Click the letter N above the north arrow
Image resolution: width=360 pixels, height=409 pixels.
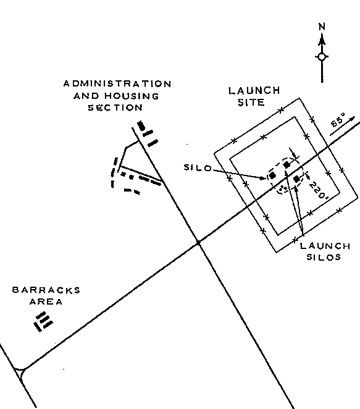(x=322, y=27)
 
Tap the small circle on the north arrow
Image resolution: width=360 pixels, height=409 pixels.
(x=322, y=57)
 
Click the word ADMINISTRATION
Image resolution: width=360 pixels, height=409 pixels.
(x=117, y=84)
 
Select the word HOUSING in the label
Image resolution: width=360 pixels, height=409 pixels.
(x=132, y=96)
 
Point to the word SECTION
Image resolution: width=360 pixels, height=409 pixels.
(x=115, y=108)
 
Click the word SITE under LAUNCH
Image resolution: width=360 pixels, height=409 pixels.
(x=251, y=103)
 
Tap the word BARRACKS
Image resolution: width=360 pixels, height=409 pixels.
(x=46, y=290)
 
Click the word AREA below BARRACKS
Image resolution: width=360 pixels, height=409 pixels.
(x=46, y=301)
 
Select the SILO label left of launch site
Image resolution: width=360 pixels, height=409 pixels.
(x=198, y=167)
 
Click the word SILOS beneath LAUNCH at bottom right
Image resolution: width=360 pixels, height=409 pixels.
(x=324, y=257)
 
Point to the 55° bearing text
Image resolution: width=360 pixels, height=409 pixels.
(x=338, y=120)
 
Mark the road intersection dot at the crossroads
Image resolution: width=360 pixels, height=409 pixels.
(x=198, y=243)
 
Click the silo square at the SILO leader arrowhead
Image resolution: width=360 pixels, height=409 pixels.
(x=272, y=175)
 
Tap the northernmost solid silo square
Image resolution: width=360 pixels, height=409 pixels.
(x=287, y=165)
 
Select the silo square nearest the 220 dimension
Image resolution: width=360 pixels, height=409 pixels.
(x=296, y=179)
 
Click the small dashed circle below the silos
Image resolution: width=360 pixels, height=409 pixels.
(x=282, y=188)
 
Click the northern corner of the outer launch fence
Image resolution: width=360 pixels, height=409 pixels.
(x=299, y=98)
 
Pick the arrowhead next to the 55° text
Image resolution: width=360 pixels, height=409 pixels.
(x=352, y=119)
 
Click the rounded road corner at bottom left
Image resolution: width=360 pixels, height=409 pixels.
(x=22, y=371)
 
